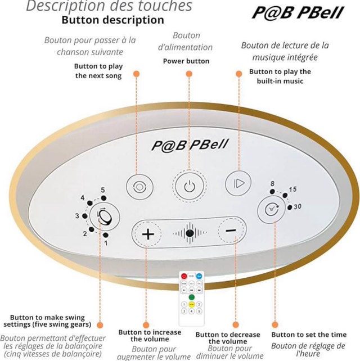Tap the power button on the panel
tap(190, 186)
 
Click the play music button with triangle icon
tap(238, 183)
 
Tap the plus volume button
tap(148, 234)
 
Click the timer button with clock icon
tap(272, 209)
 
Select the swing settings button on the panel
tap(105, 217)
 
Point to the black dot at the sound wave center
tap(190, 233)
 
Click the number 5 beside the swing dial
tap(103, 190)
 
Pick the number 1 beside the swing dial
tap(106, 243)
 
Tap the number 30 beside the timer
tap(298, 206)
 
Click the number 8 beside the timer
tap(272, 183)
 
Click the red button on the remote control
tap(184, 276)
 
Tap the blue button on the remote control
tap(199, 276)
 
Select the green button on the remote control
tap(192, 297)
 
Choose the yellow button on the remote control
tap(192, 305)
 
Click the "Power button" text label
tap(186, 61)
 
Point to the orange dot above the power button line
tap(189, 74)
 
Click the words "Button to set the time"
tap(309, 335)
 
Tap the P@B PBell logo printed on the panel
tap(190, 145)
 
